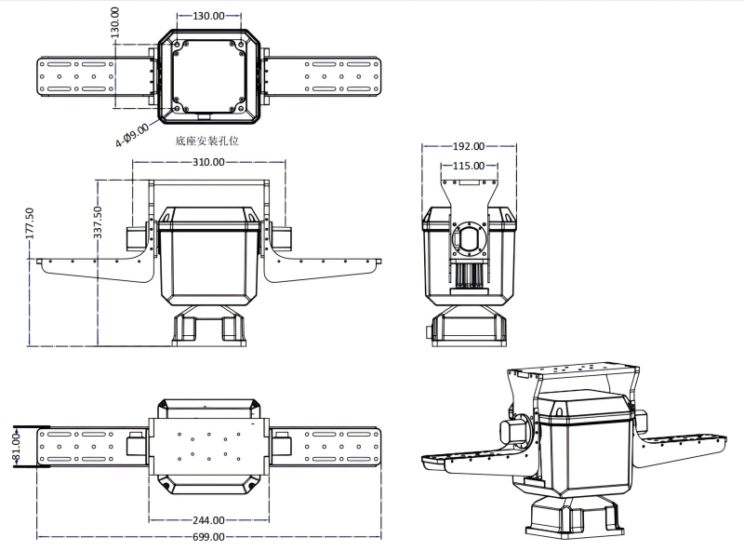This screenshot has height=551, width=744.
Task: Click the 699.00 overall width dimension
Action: tap(208, 537)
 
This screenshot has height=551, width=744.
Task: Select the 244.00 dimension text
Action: tap(208, 520)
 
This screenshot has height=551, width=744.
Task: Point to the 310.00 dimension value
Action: tap(208, 162)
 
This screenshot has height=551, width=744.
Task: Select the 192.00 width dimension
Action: tap(468, 146)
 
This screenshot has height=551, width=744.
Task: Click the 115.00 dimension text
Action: tap(468, 166)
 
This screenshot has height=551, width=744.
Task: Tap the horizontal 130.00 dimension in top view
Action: tap(208, 16)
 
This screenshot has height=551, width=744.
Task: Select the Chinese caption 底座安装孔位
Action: tap(207, 141)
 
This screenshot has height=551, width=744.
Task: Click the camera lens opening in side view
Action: tap(469, 241)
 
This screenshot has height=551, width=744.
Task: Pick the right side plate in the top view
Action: tap(342, 75)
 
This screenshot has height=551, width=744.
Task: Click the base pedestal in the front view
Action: tap(208, 327)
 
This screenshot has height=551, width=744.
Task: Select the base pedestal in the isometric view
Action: tap(569, 514)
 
